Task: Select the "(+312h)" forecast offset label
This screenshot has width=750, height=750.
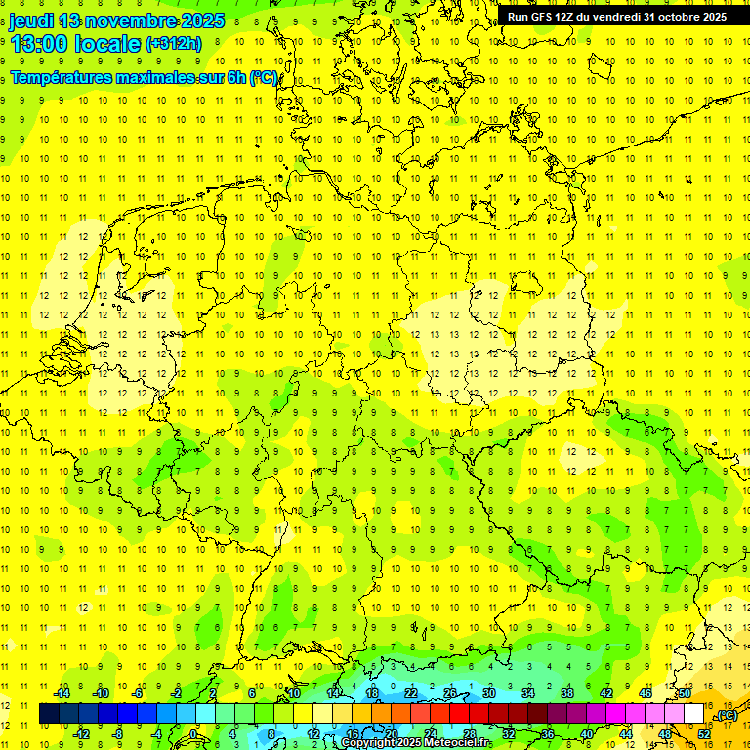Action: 173,43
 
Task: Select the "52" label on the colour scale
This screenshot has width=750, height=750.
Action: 703,733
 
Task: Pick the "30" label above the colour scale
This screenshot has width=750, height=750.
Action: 488,693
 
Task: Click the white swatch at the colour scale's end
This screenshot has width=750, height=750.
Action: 694,714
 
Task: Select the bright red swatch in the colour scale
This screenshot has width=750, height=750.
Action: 460,714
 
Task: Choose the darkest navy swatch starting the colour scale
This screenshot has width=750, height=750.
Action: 49,714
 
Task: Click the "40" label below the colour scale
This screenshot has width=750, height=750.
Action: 586,733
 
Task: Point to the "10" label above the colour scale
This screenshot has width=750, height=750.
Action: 294,693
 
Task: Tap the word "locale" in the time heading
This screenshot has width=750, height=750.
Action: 111,42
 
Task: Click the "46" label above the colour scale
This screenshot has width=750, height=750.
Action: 645,693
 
